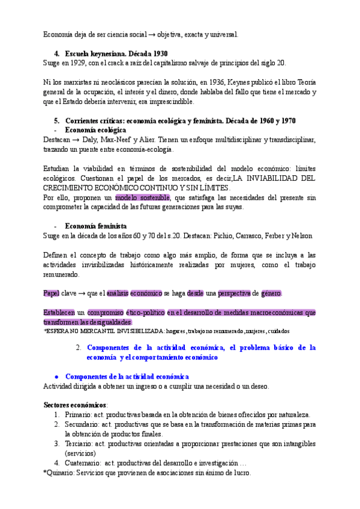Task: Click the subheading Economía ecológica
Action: pos(95,130)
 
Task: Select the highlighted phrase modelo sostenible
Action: pos(143,197)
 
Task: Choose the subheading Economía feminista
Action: pos(95,226)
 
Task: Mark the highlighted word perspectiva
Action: pos(234,293)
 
